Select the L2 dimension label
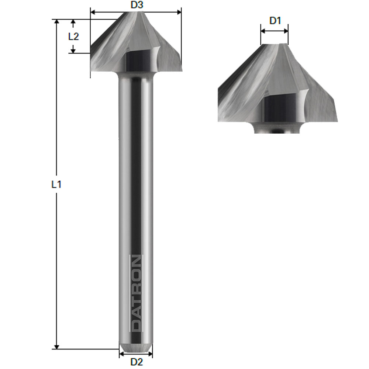[x=74, y=36]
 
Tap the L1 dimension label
[x=56, y=184]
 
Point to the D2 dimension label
[x=137, y=362]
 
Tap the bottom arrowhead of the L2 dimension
[x=73, y=51]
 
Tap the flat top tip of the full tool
[x=135, y=14]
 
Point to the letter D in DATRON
[x=136, y=325]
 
